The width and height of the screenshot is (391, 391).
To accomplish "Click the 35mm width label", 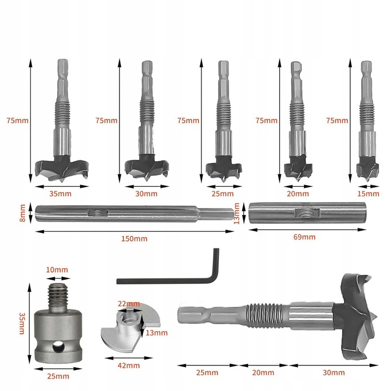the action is tap(60, 194).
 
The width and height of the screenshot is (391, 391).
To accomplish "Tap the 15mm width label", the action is tap(368, 194).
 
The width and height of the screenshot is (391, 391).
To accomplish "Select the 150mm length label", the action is tap(134, 238).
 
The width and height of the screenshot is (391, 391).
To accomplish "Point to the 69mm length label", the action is tap(304, 237).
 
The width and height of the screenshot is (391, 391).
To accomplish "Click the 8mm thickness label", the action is tap(22, 213).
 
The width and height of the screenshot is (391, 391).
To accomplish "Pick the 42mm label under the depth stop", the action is tap(129, 365).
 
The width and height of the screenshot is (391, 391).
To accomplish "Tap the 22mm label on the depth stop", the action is tap(129, 304).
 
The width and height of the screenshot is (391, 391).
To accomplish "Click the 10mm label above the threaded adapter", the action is tap(57, 270).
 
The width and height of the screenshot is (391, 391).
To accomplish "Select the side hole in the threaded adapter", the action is tap(58, 347).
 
